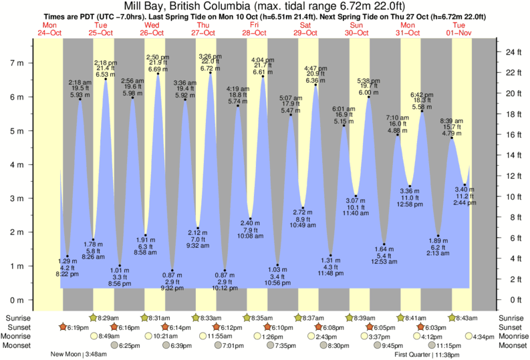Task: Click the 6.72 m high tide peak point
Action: (x=211, y=72)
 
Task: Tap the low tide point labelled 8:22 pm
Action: (x=67, y=256)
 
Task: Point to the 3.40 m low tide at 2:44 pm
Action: (x=465, y=184)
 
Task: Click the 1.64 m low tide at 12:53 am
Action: (x=384, y=244)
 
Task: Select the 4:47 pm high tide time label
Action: (x=315, y=69)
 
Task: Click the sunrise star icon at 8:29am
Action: (x=94, y=317)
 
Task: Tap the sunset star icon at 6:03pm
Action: (x=420, y=327)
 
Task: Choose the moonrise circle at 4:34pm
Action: (x=469, y=337)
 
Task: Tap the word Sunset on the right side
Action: (x=514, y=327)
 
